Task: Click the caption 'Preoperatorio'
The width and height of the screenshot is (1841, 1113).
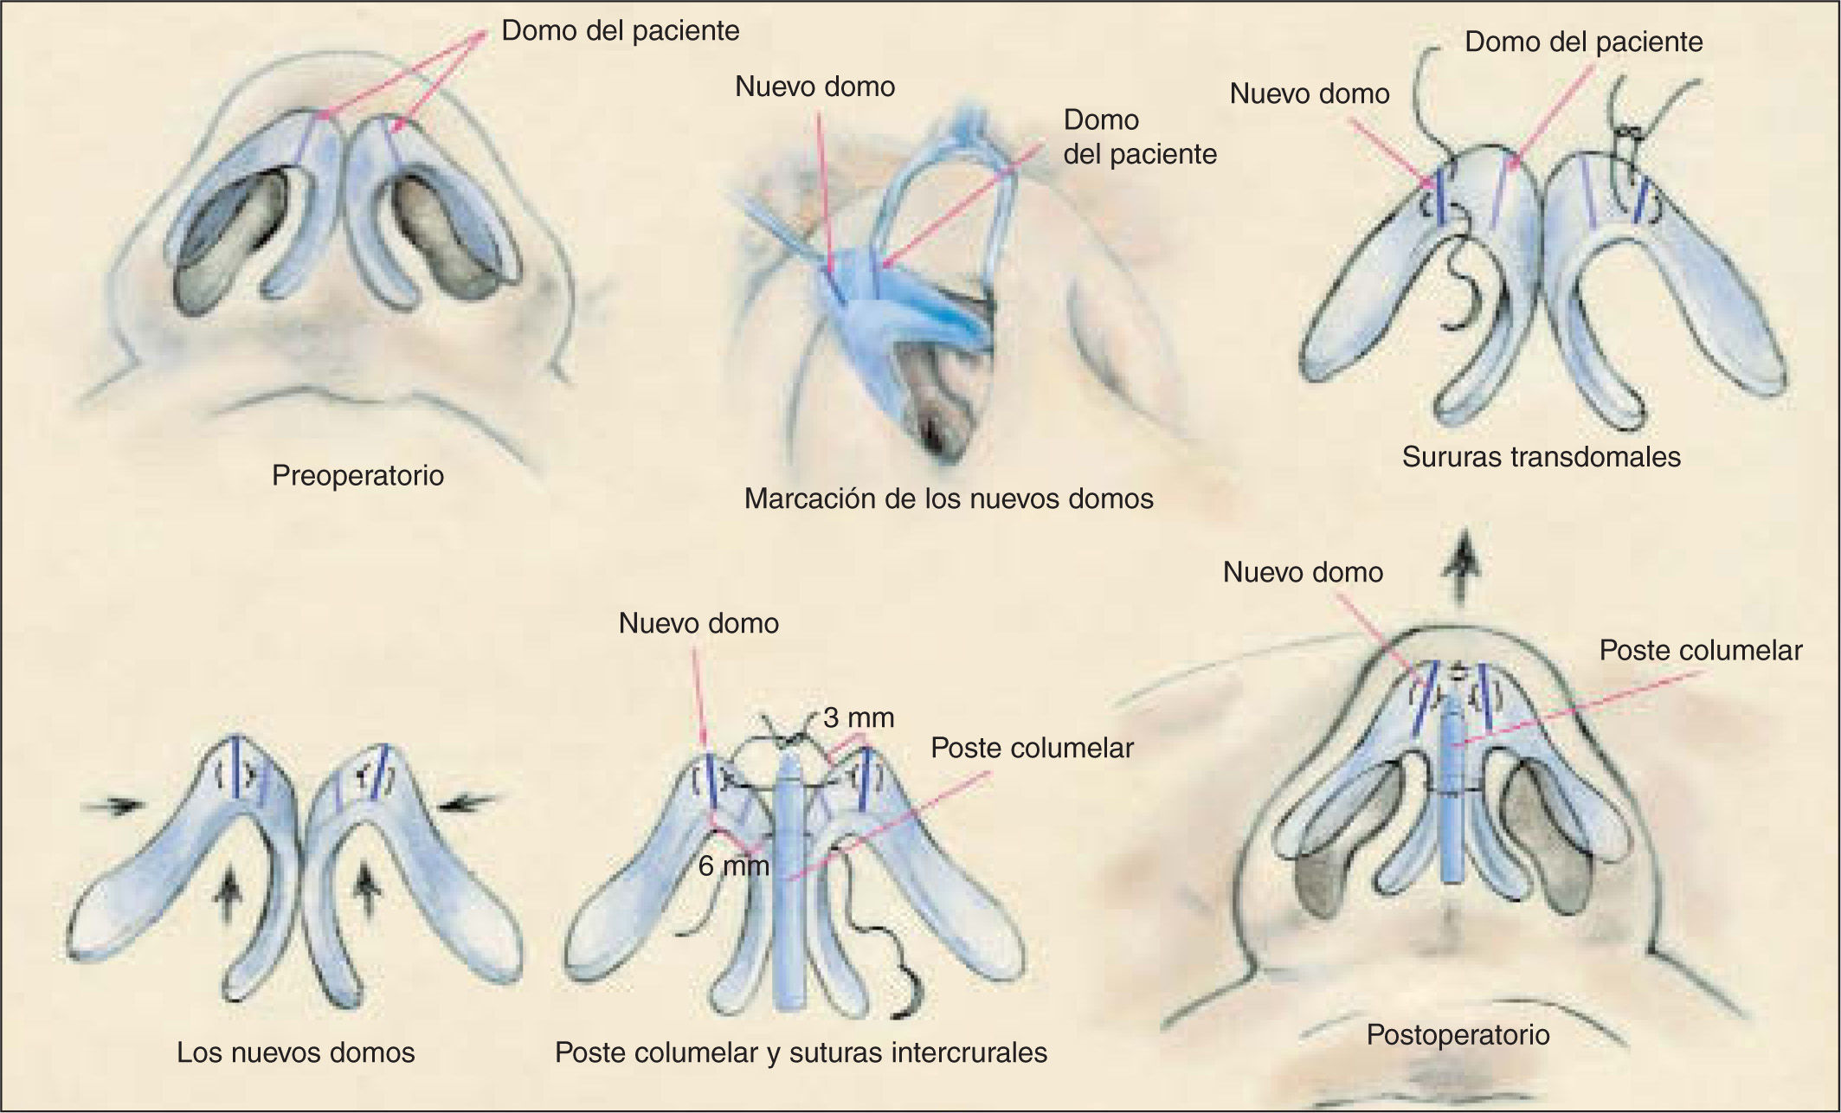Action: tap(357, 475)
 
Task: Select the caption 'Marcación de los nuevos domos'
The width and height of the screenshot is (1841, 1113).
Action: tap(949, 499)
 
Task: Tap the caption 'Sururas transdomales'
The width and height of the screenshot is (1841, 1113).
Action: tap(1541, 456)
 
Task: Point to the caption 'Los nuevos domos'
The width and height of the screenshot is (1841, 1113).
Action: tap(296, 1052)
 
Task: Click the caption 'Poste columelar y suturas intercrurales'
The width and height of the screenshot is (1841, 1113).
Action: tap(801, 1052)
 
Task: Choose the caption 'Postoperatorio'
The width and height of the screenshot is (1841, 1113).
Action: tap(1458, 1034)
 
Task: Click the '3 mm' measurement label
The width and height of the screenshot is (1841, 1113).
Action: tap(859, 717)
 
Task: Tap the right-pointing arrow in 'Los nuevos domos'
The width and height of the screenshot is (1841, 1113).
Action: tap(113, 805)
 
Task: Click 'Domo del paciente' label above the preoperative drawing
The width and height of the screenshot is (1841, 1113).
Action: tap(621, 31)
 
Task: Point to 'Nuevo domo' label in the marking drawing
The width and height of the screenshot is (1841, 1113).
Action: tap(814, 87)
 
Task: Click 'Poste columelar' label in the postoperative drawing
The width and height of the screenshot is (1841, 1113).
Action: tap(1700, 651)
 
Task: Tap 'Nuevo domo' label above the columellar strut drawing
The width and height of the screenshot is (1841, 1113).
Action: tap(698, 623)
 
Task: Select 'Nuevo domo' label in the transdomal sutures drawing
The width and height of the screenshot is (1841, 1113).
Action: tap(1310, 93)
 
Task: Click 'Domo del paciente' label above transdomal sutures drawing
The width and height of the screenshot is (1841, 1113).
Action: tap(1583, 42)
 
